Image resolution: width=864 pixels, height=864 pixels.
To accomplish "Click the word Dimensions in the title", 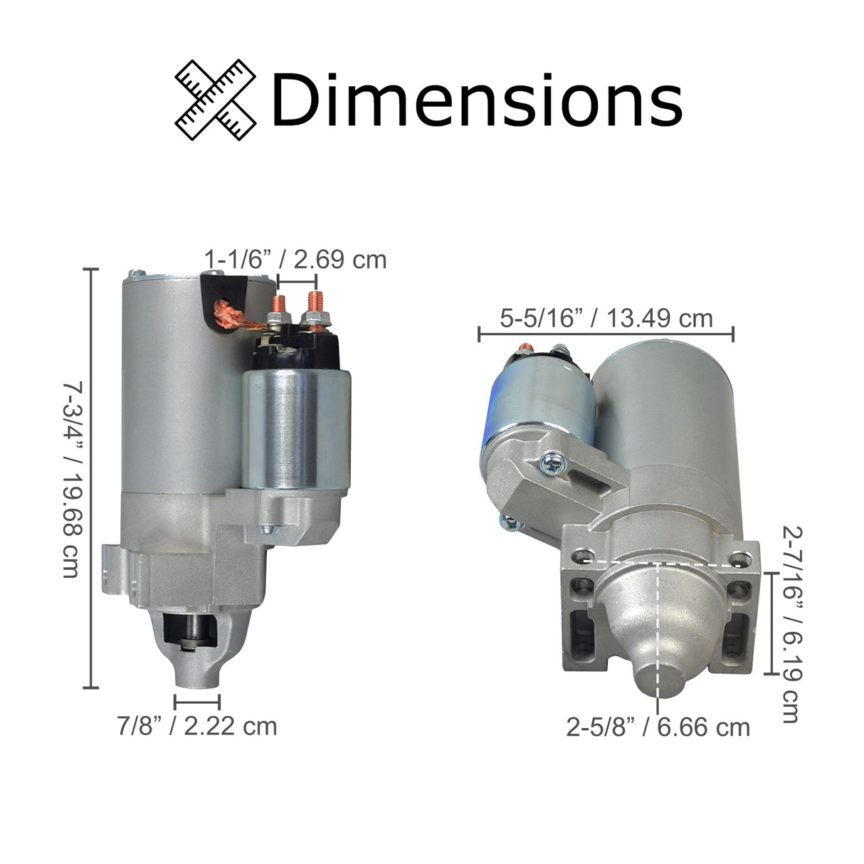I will [x=476, y=100].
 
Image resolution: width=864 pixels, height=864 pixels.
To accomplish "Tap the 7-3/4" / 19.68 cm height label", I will [x=71, y=479].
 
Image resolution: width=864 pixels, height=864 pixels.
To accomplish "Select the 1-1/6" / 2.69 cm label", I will [x=295, y=259].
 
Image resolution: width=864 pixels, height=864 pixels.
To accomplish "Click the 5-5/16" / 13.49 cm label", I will [x=606, y=317].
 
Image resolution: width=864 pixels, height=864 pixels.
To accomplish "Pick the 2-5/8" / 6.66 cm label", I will [x=658, y=727].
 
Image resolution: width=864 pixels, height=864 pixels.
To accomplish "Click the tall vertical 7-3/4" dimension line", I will [x=90, y=478].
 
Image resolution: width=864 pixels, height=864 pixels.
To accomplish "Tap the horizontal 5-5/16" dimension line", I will [x=606, y=332].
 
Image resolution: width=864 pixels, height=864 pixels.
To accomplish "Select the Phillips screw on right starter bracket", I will [x=551, y=463].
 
